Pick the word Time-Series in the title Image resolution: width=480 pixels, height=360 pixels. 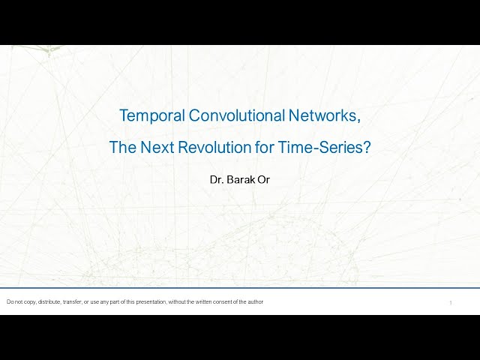pos(328,147)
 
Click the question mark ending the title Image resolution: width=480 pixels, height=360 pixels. pos(367,147)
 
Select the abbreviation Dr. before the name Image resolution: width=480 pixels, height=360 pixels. pos(218,180)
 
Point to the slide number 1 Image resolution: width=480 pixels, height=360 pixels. pos(451,303)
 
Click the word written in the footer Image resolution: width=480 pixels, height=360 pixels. pos(205,302)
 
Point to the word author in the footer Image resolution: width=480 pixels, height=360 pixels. pos(256,302)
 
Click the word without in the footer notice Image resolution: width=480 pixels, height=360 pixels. pos(184,302)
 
